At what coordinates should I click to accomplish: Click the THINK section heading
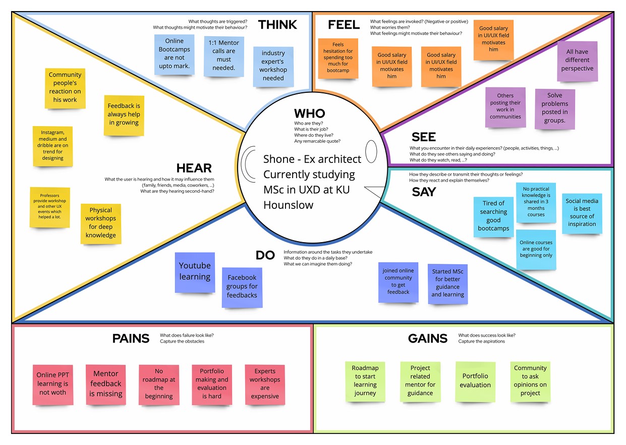click(277, 25)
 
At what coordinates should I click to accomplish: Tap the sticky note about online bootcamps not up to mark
click(175, 53)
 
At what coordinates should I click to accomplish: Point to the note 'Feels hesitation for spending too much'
click(338, 58)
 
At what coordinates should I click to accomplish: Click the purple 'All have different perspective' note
click(577, 61)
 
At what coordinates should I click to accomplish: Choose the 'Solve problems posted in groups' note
click(554, 108)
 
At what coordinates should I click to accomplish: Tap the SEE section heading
click(424, 137)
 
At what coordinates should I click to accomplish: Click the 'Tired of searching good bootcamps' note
click(493, 216)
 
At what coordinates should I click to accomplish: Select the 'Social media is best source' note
click(582, 212)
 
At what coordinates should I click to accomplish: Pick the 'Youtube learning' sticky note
click(195, 271)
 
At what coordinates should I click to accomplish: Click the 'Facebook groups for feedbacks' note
click(242, 286)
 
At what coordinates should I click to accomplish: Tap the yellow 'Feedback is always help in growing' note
click(124, 115)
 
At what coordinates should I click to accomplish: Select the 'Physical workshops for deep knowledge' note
click(101, 222)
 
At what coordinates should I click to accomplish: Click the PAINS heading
click(131, 339)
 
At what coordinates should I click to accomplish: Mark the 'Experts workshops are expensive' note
click(265, 384)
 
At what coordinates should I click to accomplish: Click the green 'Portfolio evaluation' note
click(475, 380)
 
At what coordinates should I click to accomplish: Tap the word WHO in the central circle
click(310, 114)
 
